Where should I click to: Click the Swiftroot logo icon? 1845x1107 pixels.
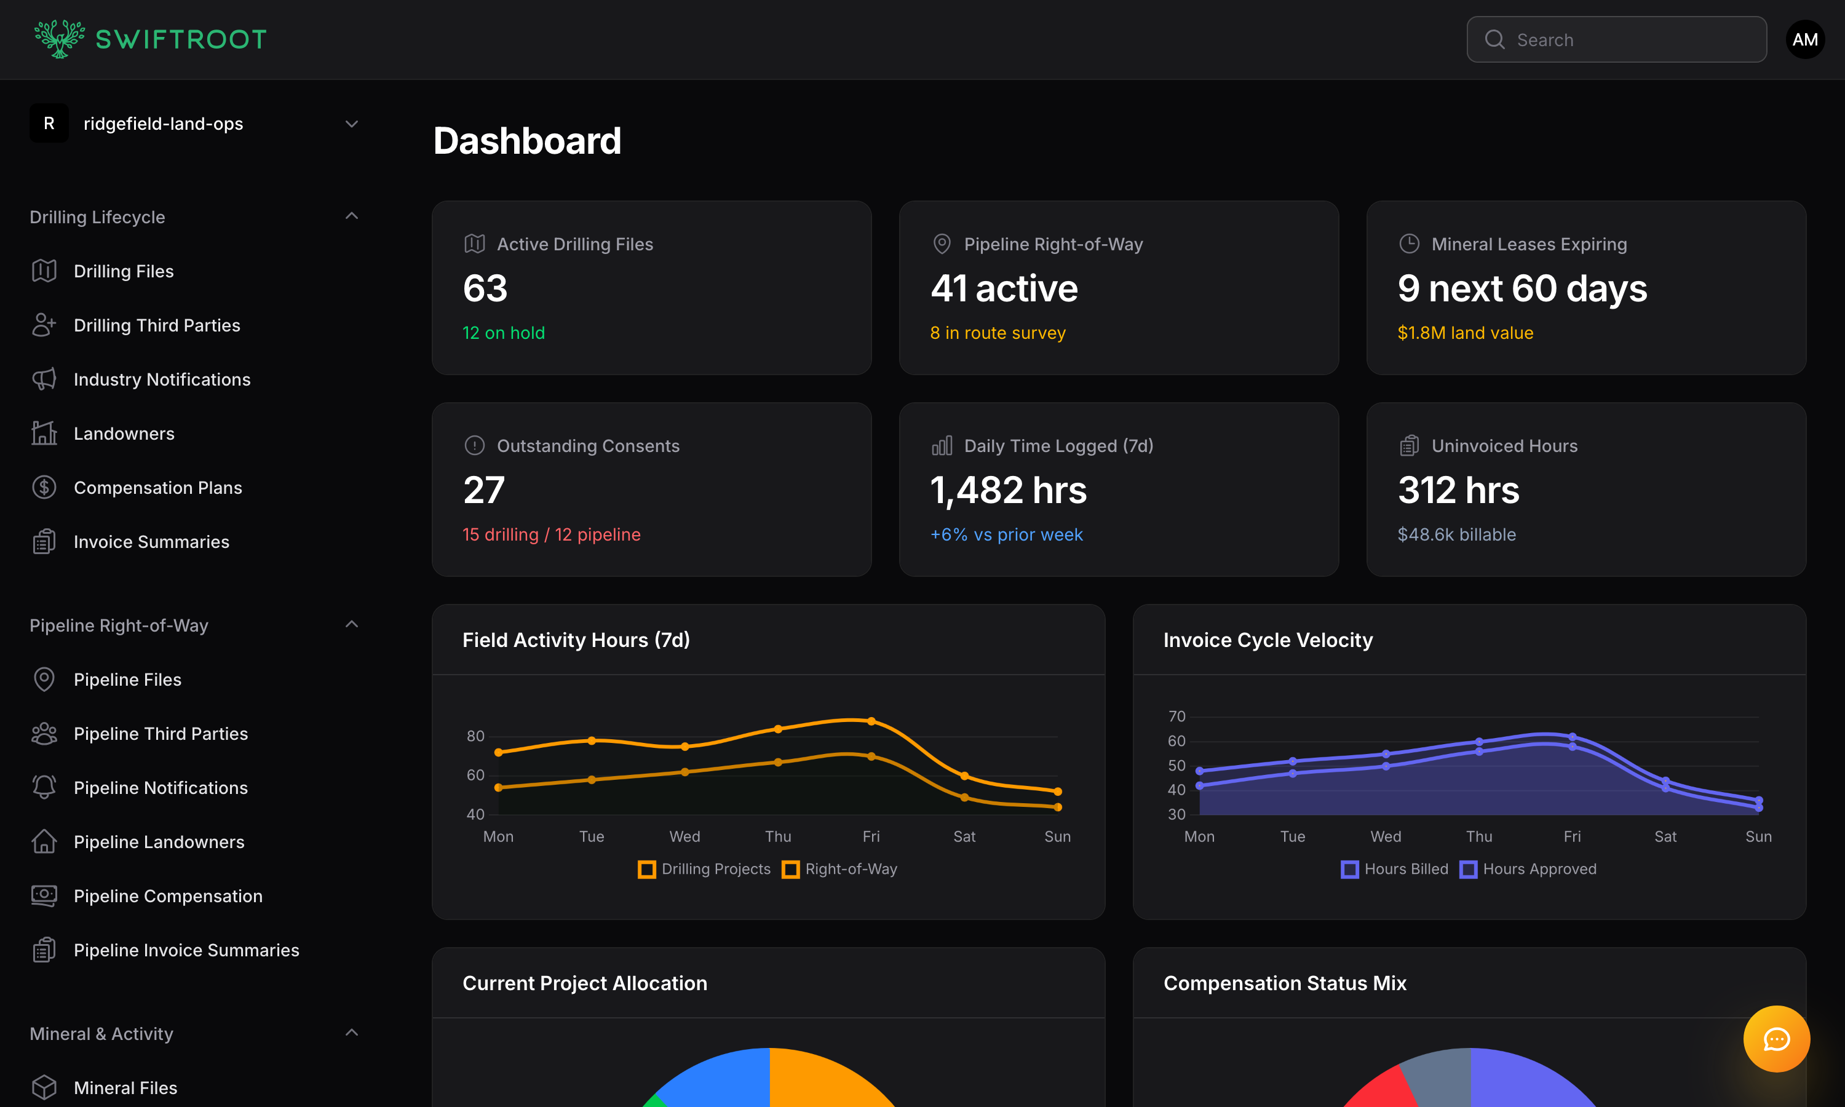coord(59,39)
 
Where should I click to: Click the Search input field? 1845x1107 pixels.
coord(1625,39)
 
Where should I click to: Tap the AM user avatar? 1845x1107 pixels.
coord(1805,39)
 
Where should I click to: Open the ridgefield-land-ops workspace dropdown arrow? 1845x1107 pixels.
coord(352,124)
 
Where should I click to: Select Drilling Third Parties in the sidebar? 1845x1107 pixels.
coord(157,325)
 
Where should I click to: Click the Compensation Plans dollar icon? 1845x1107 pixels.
coord(44,488)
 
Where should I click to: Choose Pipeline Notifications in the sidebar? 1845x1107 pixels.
coord(161,788)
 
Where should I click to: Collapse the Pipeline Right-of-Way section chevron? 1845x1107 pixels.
coord(352,624)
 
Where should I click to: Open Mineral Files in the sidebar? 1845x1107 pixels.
coord(125,1087)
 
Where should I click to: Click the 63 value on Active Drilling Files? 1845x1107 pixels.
coord(485,288)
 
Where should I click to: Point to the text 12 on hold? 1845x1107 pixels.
coord(504,333)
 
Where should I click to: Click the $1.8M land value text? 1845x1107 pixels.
coord(1465,333)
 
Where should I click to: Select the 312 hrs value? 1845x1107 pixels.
coord(1458,490)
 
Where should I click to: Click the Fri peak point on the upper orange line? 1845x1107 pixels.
coord(871,721)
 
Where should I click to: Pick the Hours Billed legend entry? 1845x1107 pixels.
coord(1395,869)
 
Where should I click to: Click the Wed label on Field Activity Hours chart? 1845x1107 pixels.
coord(684,836)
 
